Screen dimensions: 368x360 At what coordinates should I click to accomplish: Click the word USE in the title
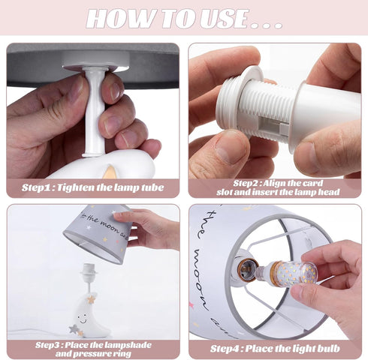point(223,19)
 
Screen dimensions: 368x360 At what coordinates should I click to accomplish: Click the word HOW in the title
point(119,19)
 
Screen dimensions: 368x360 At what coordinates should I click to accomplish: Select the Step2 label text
point(249,183)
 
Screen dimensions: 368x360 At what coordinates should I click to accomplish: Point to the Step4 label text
point(227,349)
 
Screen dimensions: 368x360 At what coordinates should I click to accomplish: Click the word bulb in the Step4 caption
point(329,348)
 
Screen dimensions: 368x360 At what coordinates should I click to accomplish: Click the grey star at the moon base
point(74,328)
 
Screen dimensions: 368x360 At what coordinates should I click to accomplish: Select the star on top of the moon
point(91,299)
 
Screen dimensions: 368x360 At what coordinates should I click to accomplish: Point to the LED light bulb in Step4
point(287,273)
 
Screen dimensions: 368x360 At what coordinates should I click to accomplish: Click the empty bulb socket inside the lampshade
point(247,268)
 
